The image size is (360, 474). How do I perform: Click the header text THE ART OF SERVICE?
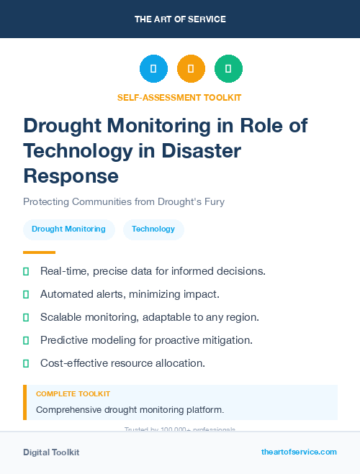coord(180,19)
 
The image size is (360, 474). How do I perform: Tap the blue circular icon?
coord(153,69)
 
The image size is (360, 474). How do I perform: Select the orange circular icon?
coord(191,69)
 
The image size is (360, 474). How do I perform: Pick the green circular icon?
coord(228,69)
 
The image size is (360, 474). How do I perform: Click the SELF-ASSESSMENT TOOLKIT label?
coord(179,97)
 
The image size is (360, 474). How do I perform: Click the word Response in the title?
coord(71,175)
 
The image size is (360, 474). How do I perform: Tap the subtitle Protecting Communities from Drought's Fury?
coord(124,201)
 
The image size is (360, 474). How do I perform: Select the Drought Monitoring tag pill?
coord(68,229)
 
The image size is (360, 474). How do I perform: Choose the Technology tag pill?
coord(153,229)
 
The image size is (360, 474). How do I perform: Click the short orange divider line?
coord(39,252)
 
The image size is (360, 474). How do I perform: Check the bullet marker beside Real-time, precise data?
coord(26,271)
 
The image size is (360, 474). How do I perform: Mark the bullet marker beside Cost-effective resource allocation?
coord(26,363)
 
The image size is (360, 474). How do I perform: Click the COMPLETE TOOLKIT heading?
coord(73,394)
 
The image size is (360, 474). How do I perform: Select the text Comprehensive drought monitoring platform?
coord(130,410)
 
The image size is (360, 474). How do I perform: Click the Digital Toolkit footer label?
coord(51,452)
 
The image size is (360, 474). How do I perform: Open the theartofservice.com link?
coord(299,452)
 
